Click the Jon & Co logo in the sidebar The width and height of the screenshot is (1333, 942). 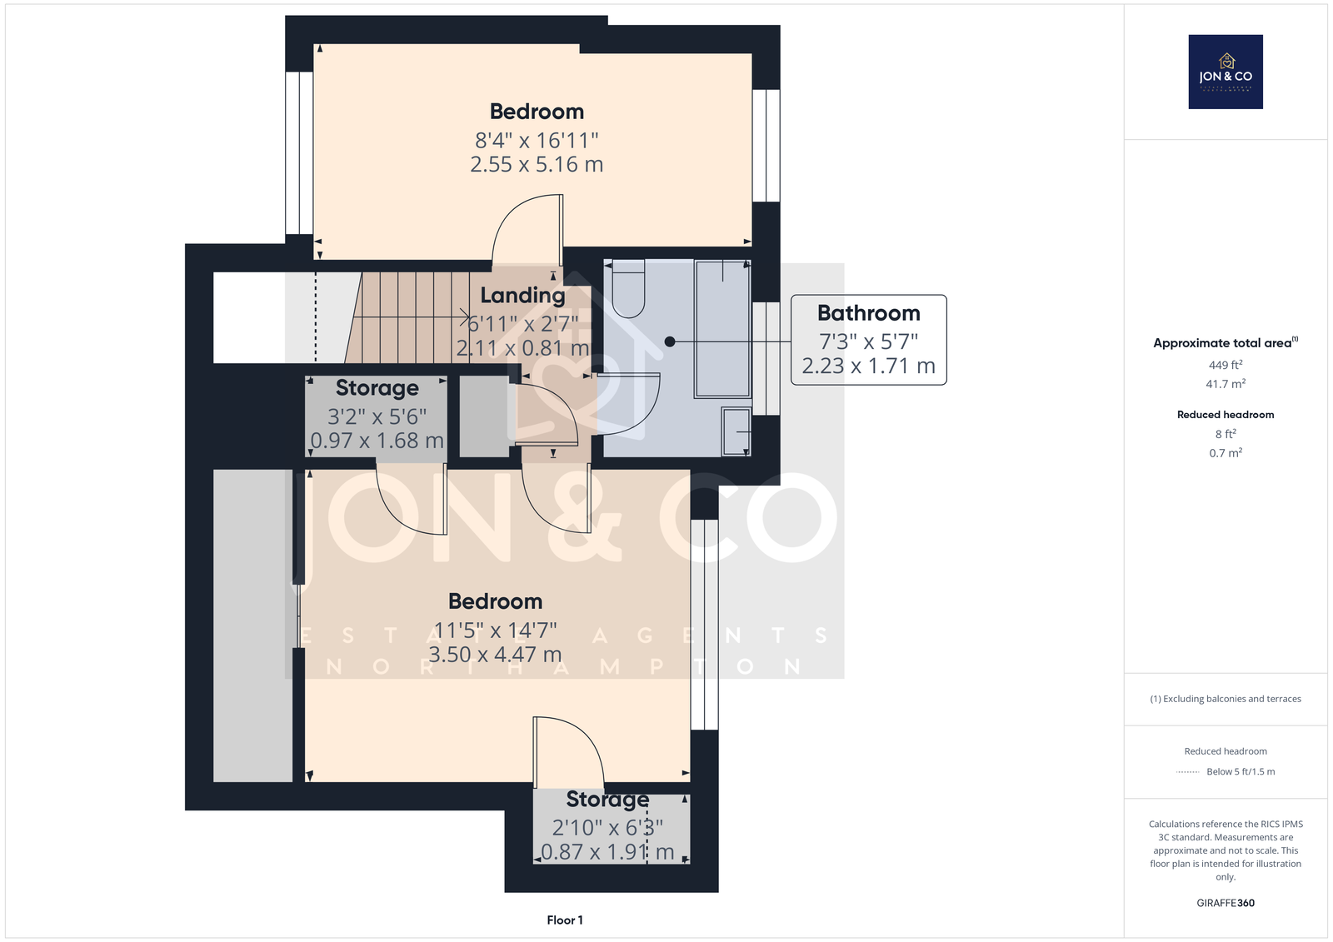pos(1226,72)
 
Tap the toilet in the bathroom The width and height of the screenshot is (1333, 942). pos(628,289)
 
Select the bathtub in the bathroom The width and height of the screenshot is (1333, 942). pos(722,328)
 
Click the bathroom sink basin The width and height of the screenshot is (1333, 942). pos(736,431)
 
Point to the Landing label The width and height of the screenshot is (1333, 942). pos(522,295)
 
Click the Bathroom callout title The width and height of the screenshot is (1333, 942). pos(868,313)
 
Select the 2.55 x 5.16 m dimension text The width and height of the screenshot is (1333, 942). pos(537,164)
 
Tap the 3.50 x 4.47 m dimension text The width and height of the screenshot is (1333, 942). pos(495,655)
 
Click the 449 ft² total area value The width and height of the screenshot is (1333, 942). pos(1226,365)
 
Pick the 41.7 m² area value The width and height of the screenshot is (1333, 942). pos(1226,384)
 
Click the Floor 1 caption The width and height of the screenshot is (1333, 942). pos(565,920)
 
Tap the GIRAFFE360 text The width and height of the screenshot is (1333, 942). pos(1226,903)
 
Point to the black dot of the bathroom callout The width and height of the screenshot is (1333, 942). pos(670,341)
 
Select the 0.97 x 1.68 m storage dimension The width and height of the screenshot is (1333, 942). pos(377,441)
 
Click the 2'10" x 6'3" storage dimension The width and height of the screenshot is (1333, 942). pos(607,828)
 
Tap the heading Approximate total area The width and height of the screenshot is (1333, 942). pos(1222,343)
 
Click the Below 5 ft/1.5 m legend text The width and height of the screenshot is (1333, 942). pos(1241,771)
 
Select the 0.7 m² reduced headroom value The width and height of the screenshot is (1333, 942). pos(1226,453)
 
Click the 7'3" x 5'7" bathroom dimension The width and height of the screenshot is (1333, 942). pos(868,341)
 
